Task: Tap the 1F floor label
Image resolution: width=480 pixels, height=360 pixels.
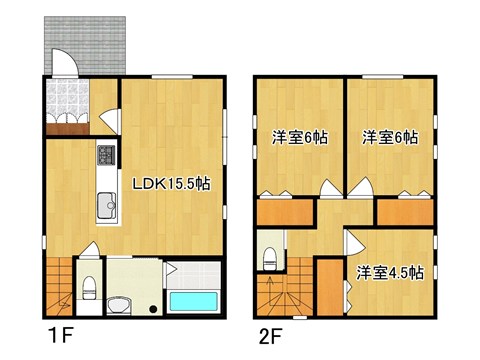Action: click(56, 331)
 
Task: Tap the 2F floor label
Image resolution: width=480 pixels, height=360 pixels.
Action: click(270, 331)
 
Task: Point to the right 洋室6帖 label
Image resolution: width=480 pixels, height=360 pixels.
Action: click(390, 137)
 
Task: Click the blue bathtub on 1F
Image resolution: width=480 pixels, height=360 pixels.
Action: click(194, 301)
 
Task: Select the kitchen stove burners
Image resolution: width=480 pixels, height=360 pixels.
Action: click(106, 155)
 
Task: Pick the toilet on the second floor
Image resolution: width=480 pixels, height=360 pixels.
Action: click(268, 258)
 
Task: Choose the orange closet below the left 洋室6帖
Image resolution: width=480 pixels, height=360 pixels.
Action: click(285, 213)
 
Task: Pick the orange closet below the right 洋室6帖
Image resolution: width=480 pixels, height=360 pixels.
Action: click(404, 212)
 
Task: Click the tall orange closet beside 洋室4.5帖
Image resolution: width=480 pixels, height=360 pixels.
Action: click(329, 286)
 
